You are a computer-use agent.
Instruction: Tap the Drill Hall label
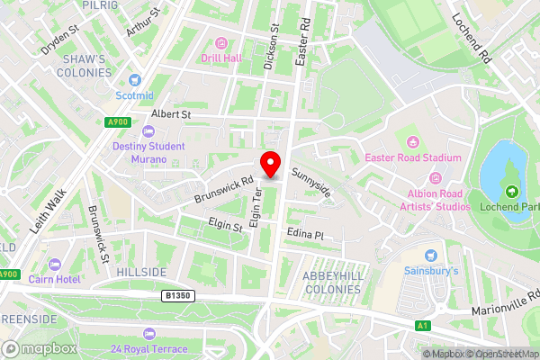pos(221,58)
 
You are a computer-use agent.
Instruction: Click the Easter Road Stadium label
pos(413,157)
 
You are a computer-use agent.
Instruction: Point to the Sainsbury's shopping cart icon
pos(430,256)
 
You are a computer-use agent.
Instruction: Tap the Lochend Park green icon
pos(511,191)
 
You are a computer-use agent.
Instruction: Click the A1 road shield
pos(423,325)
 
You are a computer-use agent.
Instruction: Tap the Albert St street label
pos(171,114)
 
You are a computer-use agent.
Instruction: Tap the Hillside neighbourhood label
pos(141,272)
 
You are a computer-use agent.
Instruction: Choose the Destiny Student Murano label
pos(148,152)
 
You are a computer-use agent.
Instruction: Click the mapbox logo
pos(39,348)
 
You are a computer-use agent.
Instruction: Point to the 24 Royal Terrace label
pos(149,348)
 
